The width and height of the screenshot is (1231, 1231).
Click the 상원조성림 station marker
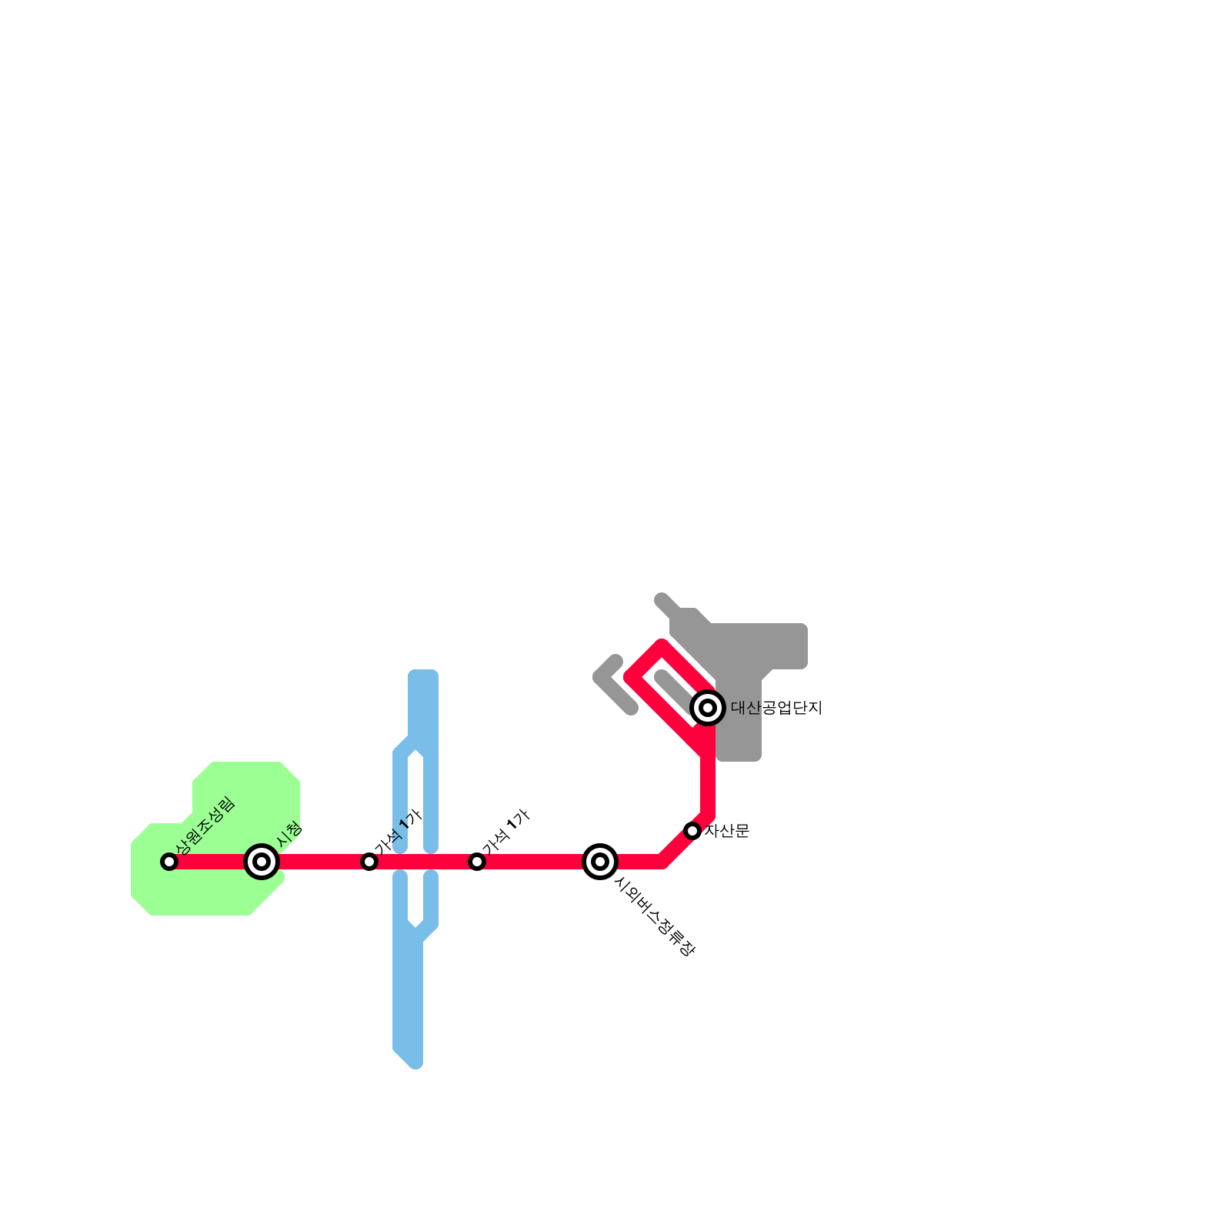pyautogui.click(x=169, y=862)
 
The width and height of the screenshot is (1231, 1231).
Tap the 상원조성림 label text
pyautogui.click(x=205, y=826)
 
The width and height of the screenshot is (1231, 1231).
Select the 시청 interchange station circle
pyautogui.click(x=262, y=862)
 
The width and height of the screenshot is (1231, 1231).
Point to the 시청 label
pyautogui.click(x=290, y=835)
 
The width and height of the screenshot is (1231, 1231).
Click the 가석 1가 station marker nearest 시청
pyautogui.click(x=369, y=862)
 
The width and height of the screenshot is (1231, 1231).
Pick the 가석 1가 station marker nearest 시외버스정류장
pyautogui.click(x=477, y=862)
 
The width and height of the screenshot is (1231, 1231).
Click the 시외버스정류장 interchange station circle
pyautogui.click(x=600, y=862)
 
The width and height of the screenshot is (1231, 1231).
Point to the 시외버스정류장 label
pyautogui.click(x=655, y=917)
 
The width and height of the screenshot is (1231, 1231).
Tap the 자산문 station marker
pyautogui.click(x=692, y=831)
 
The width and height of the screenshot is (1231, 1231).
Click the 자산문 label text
pyautogui.click(x=727, y=831)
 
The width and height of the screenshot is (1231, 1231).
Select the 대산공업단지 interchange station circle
pyautogui.click(x=708, y=708)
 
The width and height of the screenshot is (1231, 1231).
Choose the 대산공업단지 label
pyautogui.click(x=776, y=708)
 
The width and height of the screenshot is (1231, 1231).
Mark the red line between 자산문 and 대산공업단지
pyautogui.click(x=708, y=777)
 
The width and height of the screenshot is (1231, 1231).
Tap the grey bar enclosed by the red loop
pyautogui.click(x=676, y=690)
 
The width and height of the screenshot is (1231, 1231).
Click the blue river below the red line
pyautogui.click(x=408, y=1000)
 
